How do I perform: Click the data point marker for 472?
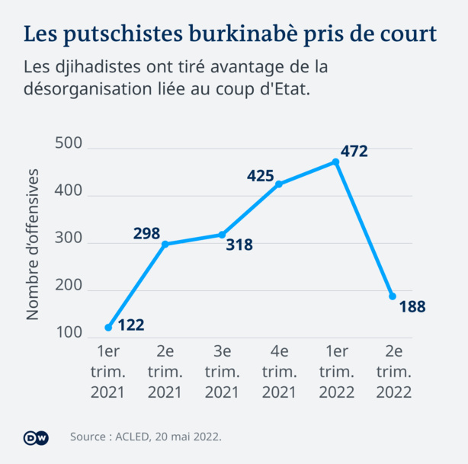(335, 162)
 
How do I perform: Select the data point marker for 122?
(108, 328)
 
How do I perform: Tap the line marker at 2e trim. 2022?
(393, 296)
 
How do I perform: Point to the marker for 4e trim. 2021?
(279, 184)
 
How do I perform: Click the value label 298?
(146, 233)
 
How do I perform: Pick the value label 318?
(239, 245)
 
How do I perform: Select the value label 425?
(260, 176)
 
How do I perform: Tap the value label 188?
(412, 307)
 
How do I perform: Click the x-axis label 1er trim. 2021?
(108, 372)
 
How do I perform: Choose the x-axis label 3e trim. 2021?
(222, 372)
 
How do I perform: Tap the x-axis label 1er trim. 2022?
(335, 372)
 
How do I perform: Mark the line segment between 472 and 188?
(364, 229)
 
